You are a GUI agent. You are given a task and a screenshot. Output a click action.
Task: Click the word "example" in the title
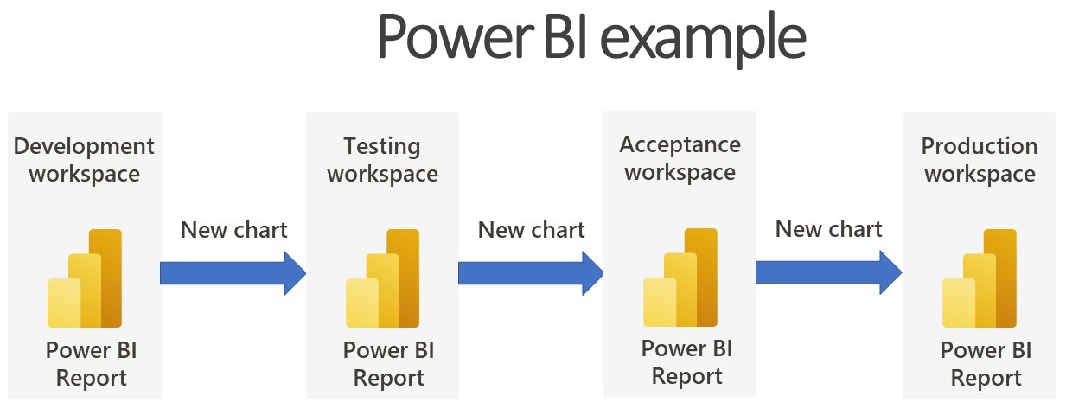[704, 39]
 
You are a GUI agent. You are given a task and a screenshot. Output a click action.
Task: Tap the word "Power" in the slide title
[456, 36]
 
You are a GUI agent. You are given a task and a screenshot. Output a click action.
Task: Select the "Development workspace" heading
[84, 160]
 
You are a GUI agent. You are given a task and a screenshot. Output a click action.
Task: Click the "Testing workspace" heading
[382, 160]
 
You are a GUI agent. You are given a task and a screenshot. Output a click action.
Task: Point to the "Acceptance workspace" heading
[680, 158]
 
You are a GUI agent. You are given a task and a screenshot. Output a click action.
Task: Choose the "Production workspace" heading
[980, 160]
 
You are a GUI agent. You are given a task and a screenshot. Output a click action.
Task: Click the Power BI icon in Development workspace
[85, 278]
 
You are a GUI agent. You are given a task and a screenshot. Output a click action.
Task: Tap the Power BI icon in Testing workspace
[383, 278]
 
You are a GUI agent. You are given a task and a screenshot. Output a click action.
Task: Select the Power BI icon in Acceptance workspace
[680, 277]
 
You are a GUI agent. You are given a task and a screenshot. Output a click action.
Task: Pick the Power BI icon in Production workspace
[980, 278]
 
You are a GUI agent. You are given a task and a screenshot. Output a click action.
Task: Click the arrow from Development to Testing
[233, 273]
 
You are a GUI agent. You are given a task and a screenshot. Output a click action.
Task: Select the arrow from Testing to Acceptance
[531, 273]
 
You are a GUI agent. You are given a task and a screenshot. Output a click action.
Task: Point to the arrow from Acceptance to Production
[829, 272]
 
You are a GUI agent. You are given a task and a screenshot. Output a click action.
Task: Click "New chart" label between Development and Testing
[233, 230]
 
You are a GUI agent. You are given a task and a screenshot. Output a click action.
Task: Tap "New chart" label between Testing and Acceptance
[531, 230]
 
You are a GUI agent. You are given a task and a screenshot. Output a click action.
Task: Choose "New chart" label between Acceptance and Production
[828, 229]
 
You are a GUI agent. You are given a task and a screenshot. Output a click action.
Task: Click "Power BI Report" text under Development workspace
[92, 364]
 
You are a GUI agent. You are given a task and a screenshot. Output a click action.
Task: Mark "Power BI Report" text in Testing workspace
[389, 364]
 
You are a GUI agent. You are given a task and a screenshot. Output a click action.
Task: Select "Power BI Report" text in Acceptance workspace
[686, 362]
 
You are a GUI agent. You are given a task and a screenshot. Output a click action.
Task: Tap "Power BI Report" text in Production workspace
[986, 364]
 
